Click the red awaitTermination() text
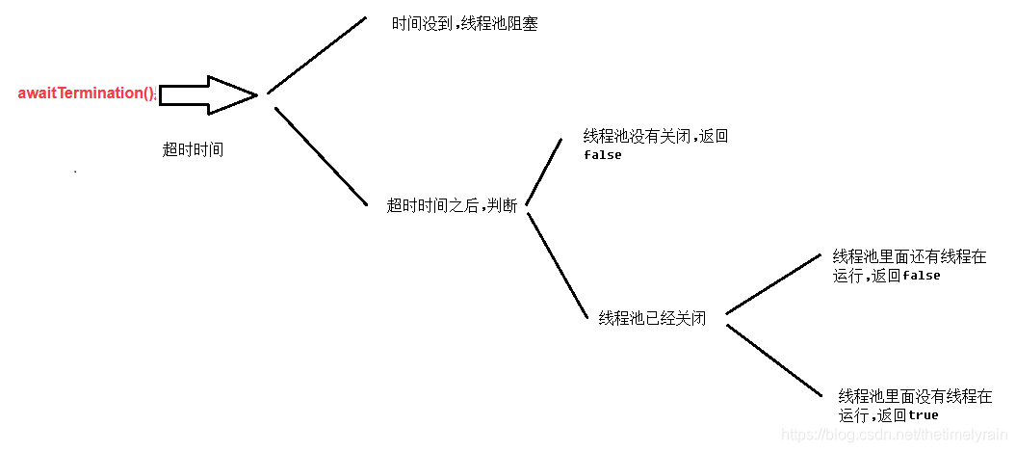(x=86, y=93)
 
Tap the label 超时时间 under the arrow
(x=194, y=149)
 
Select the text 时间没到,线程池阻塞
(x=464, y=23)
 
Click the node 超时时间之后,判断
(x=452, y=204)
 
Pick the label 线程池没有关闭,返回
(x=656, y=137)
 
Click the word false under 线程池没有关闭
(x=603, y=155)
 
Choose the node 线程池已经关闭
(x=652, y=318)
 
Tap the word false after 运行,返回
(x=921, y=276)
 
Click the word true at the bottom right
(x=923, y=415)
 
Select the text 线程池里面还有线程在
(x=909, y=257)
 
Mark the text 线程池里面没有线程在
(x=915, y=396)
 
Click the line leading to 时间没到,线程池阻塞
(x=317, y=55)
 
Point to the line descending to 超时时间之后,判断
(x=321, y=156)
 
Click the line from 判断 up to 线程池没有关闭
(x=544, y=172)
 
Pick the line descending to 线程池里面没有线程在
(x=772, y=359)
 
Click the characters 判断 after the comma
(x=503, y=204)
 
